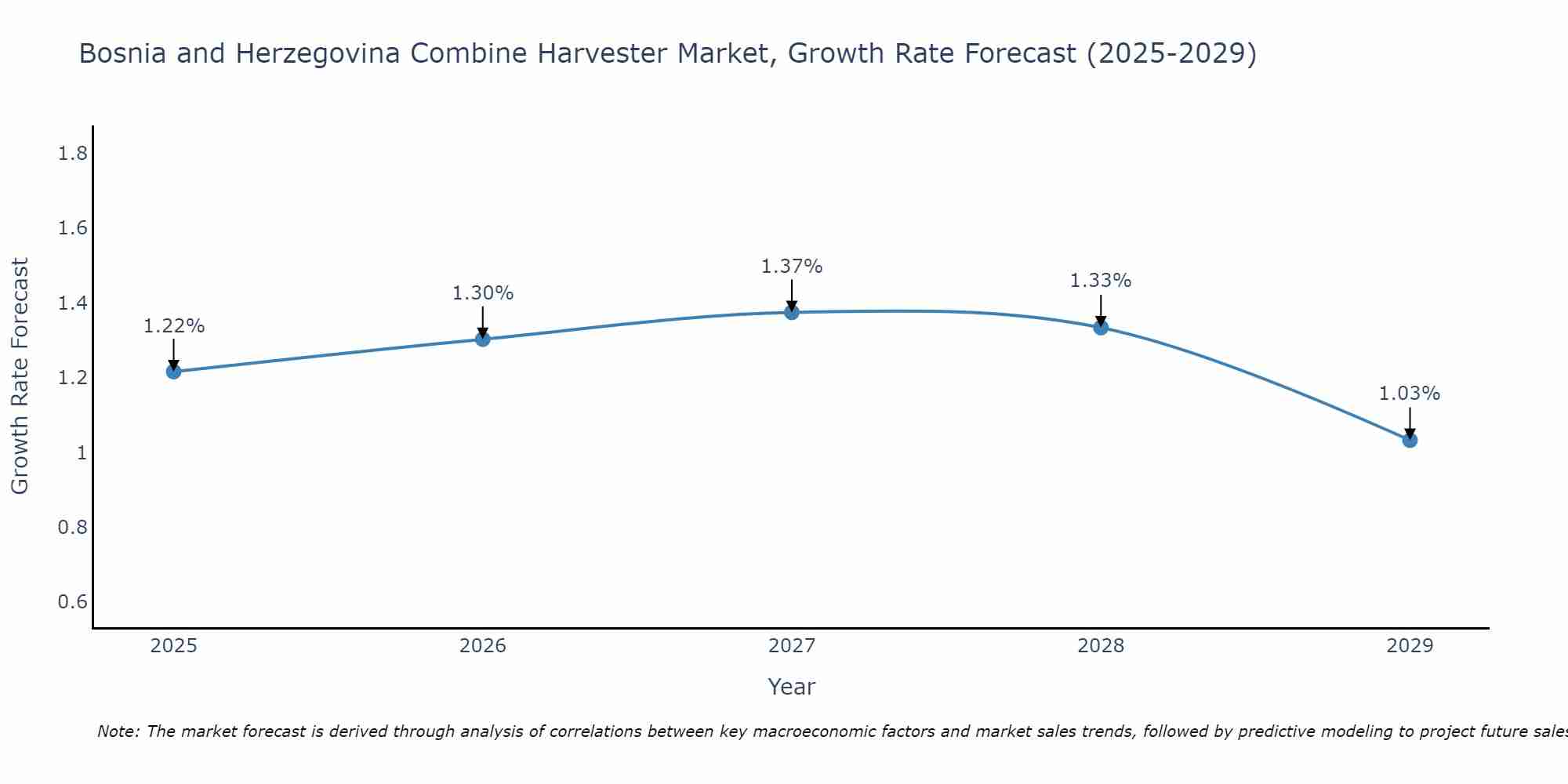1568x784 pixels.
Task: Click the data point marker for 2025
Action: [173, 372]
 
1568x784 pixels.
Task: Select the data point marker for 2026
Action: [483, 339]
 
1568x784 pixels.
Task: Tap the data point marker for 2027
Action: [792, 312]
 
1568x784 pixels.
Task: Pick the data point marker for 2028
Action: [1101, 327]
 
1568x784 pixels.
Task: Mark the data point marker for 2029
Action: [1410, 440]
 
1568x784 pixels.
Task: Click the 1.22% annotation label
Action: [173, 326]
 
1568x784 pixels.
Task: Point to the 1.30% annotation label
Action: [483, 293]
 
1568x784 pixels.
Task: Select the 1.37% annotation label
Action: [792, 267]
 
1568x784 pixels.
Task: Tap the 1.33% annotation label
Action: [1101, 281]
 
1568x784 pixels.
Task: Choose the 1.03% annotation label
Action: [1410, 394]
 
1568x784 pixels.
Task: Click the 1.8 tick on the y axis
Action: [72, 154]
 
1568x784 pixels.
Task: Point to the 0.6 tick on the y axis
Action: [72, 602]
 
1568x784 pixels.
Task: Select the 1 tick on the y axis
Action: [82, 453]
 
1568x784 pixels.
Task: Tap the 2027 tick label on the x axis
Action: [792, 646]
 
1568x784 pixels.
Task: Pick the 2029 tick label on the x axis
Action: [1410, 646]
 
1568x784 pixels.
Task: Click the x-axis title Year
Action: [792, 687]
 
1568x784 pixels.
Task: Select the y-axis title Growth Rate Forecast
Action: [20, 376]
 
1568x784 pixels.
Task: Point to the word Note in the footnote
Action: [118, 731]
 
